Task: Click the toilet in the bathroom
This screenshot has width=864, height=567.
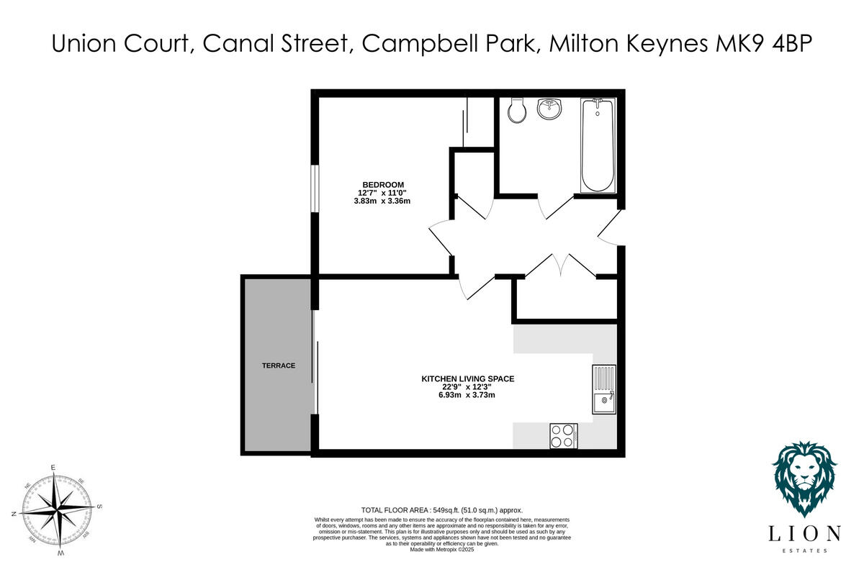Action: (x=516, y=111)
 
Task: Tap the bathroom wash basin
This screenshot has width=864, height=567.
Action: (x=551, y=110)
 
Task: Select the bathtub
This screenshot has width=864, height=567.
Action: (x=597, y=145)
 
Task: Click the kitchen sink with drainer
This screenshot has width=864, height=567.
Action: (x=604, y=390)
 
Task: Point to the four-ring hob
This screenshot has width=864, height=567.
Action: (x=564, y=435)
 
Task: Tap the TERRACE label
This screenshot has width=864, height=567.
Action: (x=279, y=366)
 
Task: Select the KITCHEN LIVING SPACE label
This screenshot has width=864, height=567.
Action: (x=467, y=378)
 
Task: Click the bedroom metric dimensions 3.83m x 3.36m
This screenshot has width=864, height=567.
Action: (x=382, y=201)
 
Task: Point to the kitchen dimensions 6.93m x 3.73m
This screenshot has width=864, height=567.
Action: (x=467, y=395)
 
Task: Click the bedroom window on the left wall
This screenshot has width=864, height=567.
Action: (x=314, y=189)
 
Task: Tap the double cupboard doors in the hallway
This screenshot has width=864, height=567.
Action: (x=560, y=265)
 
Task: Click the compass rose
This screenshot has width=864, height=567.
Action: (x=56, y=510)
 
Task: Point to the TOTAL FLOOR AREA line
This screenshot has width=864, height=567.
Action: (x=441, y=509)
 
